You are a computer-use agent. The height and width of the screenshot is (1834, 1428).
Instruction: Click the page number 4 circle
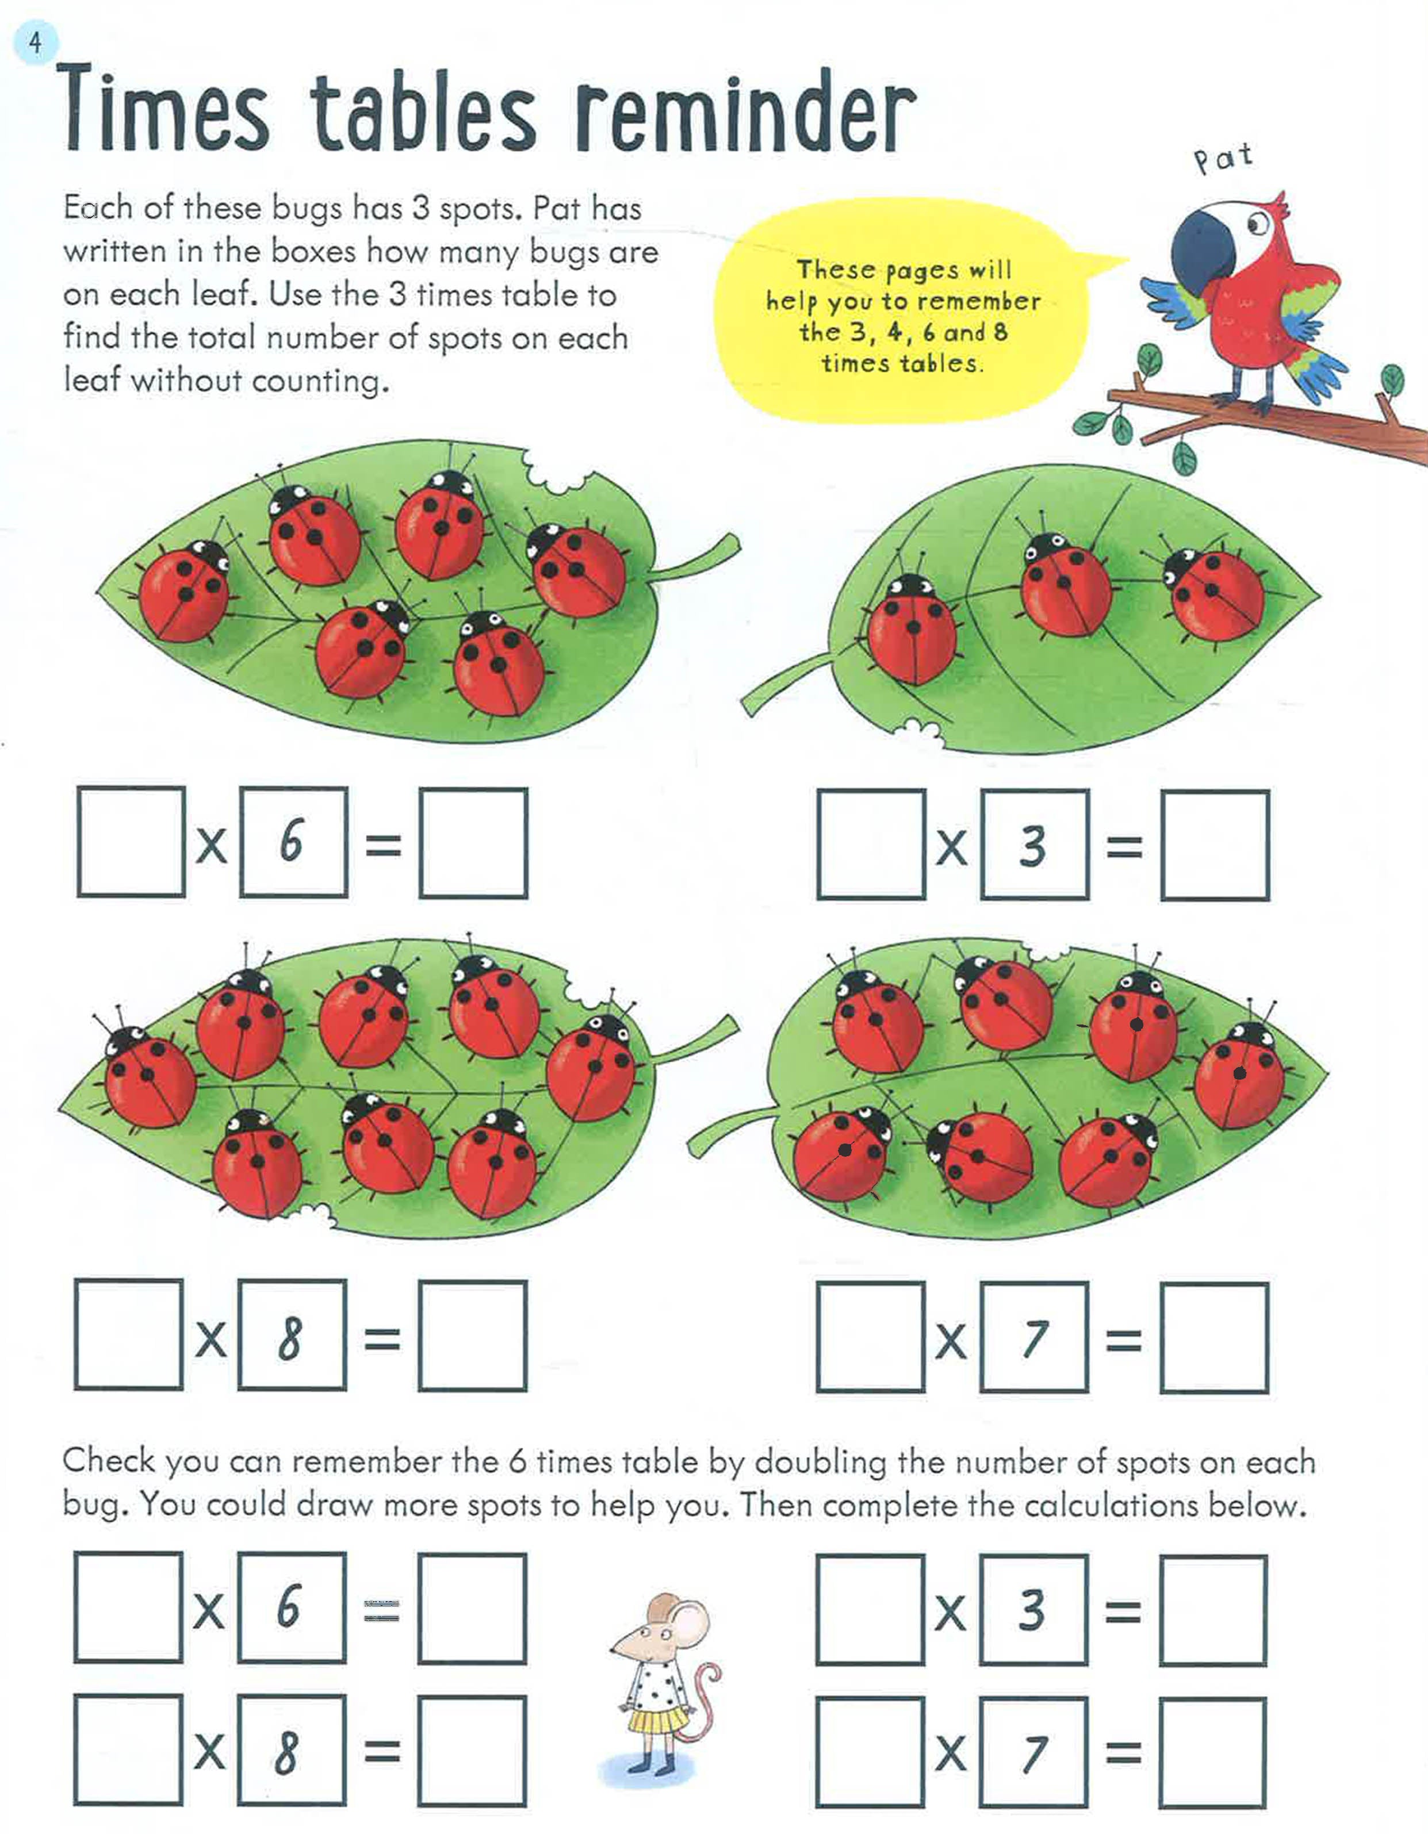pos(35,42)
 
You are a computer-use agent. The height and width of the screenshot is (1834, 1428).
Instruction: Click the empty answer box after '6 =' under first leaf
pos(474,842)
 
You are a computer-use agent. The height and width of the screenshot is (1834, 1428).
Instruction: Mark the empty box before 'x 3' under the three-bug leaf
pos(871,844)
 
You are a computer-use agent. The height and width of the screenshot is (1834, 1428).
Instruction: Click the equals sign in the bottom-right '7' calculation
pos(1123,1752)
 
